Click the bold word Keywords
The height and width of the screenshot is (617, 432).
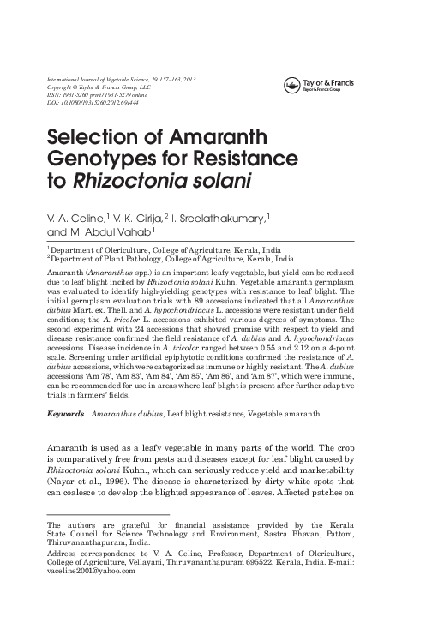click(x=66, y=414)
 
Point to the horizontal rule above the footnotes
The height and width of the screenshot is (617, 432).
click(x=107, y=514)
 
